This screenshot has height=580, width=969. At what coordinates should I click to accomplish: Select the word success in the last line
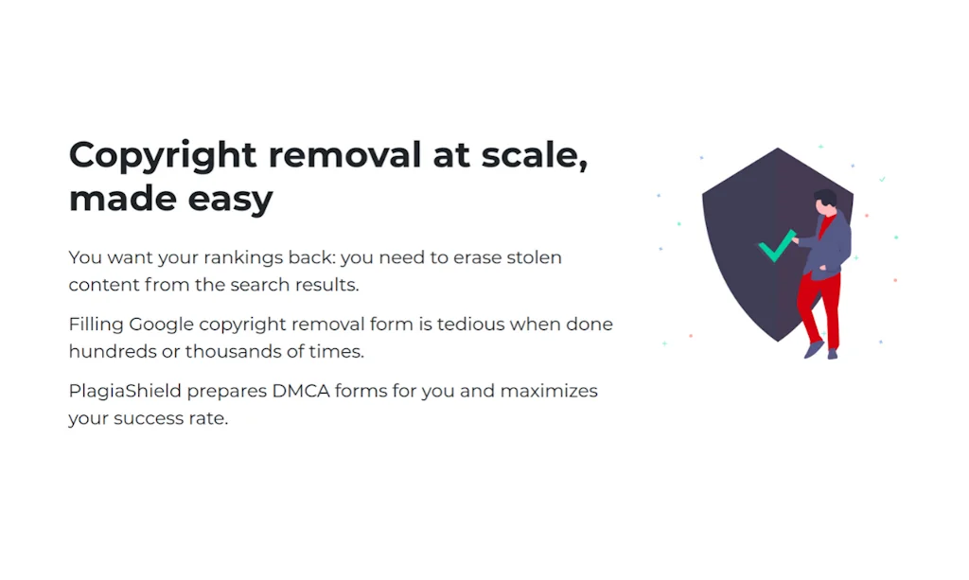(x=148, y=417)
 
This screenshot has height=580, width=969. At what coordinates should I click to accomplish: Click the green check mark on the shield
(x=776, y=247)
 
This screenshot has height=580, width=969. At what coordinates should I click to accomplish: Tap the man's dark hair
(x=825, y=198)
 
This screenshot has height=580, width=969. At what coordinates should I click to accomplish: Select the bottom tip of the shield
(x=778, y=341)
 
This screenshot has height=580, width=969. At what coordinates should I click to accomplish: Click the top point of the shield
(x=778, y=149)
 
